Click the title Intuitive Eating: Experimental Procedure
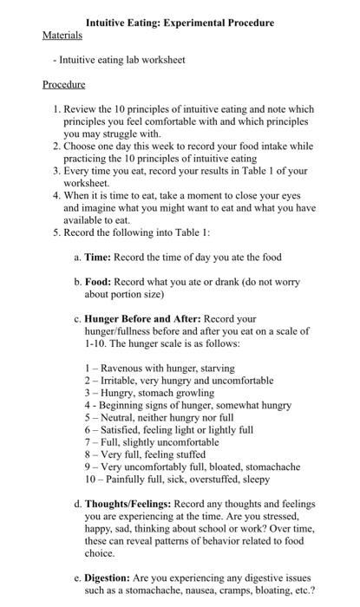tap(180, 23)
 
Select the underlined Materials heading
tap(62, 36)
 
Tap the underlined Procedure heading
tap(64, 85)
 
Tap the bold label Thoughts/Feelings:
tap(128, 504)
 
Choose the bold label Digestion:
tap(112, 576)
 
